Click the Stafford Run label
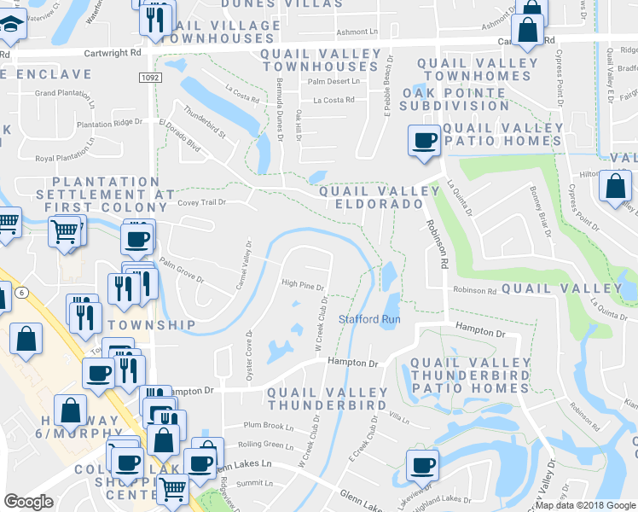point(369,319)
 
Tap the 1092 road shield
point(150,77)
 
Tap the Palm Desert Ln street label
point(330,82)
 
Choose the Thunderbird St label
point(204,125)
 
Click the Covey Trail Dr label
point(202,203)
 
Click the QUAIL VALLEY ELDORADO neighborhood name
point(371,198)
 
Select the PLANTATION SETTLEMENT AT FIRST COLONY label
point(106,195)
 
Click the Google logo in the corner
point(29,502)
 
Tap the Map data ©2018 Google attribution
point(585,505)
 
